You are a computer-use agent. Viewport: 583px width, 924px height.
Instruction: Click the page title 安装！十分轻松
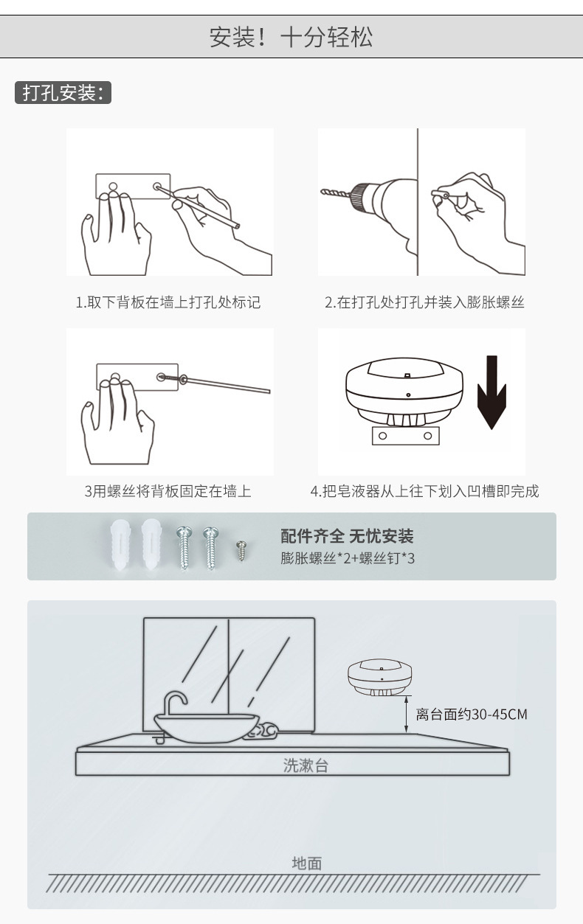tap(291, 37)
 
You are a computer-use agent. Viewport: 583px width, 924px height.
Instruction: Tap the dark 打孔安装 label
tap(63, 94)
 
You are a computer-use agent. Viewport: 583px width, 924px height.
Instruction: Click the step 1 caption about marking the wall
tap(168, 302)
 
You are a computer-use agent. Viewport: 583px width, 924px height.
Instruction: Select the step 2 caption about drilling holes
tap(424, 302)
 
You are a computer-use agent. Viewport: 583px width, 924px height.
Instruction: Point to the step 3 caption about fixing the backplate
tap(168, 491)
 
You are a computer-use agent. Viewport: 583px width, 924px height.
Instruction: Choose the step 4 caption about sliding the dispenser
tap(424, 491)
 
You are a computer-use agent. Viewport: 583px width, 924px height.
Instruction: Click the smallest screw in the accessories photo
tap(240, 549)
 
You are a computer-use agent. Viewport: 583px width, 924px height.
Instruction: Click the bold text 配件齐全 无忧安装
tap(347, 536)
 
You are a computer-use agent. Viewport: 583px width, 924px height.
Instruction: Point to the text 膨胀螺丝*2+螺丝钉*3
tap(348, 557)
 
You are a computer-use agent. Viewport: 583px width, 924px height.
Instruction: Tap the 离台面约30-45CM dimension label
tap(472, 714)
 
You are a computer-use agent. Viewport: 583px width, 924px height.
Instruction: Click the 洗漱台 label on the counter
tap(306, 765)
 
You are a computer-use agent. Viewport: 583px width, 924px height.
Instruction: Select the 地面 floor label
tap(307, 863)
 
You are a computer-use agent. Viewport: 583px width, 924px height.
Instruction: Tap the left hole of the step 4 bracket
tap(383, 436)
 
